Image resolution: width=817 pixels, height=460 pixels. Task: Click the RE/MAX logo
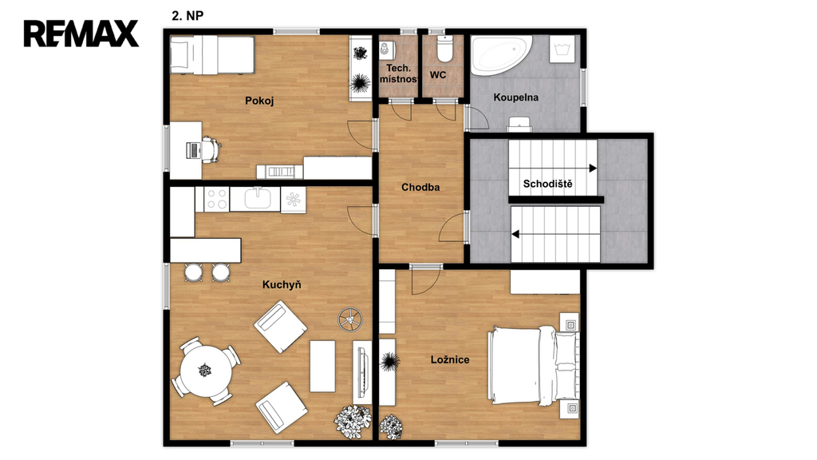pyautogui.click(x=81, y=34)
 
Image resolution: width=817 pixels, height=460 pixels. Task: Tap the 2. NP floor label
pyautogui.click(x=187, y=16)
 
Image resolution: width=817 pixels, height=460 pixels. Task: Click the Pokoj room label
pyautogui.click(x=259, y=101)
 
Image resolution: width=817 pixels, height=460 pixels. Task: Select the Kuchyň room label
pyautogui.click(x=282, y=285)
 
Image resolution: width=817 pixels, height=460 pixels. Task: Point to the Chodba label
pyautogui.click(x=420, y=187)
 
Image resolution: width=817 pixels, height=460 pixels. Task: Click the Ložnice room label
pyautogui.click(x=450, y=359)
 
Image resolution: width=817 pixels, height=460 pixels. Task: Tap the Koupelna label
pyautogui.click(x=516, y=97)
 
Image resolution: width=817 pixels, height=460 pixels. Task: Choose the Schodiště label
pyautogui.click(x=547, y=184)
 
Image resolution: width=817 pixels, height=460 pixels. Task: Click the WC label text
pyautogui.click(x=438, y=75)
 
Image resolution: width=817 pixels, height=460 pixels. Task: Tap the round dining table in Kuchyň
pyautogui.click(x=206, y=371)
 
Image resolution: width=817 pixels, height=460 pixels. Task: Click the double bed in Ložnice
pyautogui.click(x=534, y=364)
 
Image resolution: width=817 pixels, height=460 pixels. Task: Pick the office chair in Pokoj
pyautogui.click(x=211, y=149)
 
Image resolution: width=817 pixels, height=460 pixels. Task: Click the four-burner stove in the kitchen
pyautogui.click(x=216, y=199)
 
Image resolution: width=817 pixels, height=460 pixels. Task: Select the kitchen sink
pyautogui.click(x=258, y=199)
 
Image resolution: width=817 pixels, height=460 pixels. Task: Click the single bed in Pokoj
pyautogui.click(x=212, y=55)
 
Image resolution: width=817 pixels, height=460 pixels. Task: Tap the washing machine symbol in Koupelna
pyautogui.click(x=562, y=50)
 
